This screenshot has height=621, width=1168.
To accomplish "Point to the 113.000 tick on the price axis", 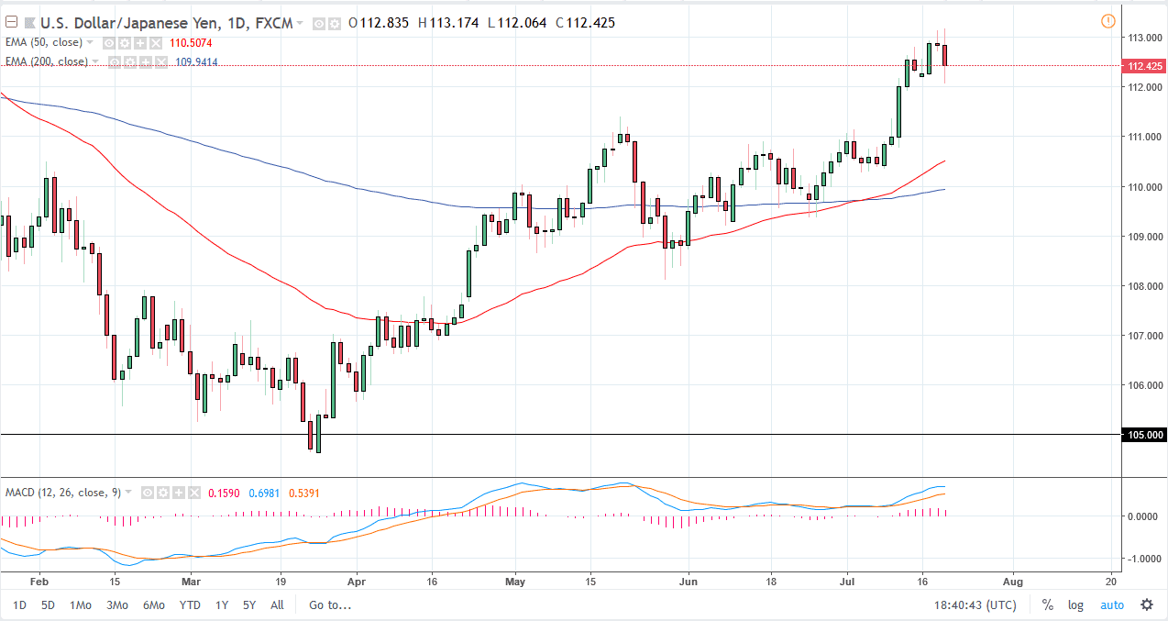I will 1142,38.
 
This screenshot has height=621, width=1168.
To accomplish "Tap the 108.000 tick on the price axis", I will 1142,286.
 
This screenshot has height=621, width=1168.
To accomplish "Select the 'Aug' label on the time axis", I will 1013,582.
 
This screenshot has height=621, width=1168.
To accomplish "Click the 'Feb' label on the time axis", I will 39,582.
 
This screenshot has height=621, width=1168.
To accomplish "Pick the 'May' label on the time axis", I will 515,582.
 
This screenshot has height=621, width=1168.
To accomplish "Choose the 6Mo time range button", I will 153,604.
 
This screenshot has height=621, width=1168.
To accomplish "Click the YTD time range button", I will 190,604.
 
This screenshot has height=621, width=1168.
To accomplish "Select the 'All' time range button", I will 277,604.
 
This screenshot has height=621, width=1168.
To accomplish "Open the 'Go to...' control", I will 329,604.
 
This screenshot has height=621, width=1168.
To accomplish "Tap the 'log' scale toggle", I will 1075,604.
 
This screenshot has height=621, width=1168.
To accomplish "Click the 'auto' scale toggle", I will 1111,604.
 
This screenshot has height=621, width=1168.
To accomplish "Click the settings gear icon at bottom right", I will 1146,604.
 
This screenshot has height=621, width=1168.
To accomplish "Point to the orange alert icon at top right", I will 1107,21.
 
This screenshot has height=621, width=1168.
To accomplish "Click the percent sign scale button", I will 1047,604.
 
